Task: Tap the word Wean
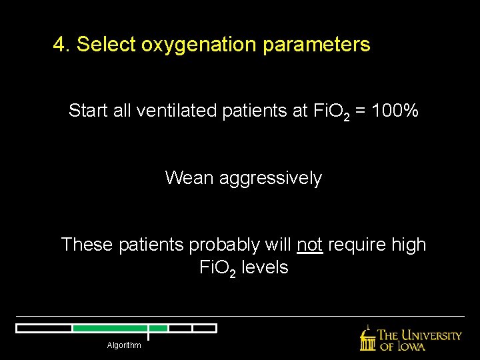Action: [187, 178]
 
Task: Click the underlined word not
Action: [310, 245]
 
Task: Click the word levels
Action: [265, 267]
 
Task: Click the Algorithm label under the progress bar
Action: [124, 345]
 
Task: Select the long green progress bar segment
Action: [109, 328]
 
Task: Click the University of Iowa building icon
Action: [367, 339]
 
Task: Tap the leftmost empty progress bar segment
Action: [44, 328]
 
